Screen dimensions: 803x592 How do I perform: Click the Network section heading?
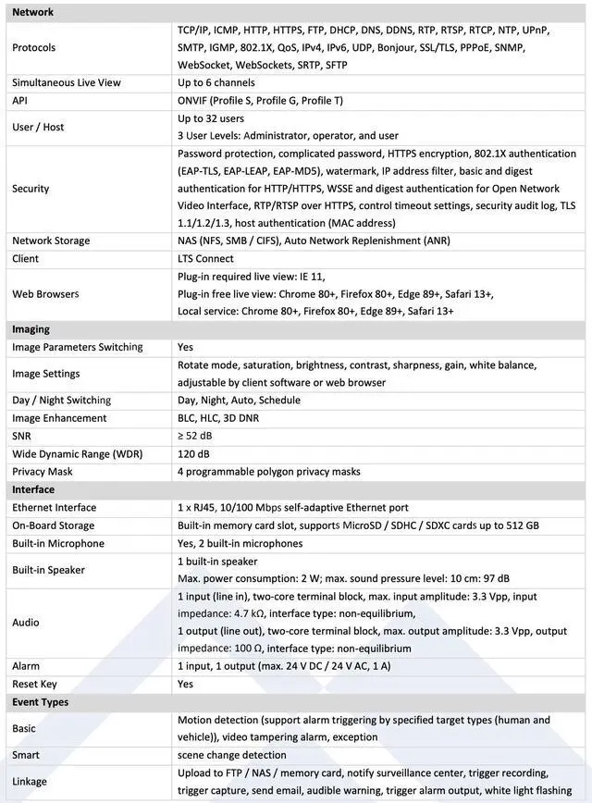pos(32,12)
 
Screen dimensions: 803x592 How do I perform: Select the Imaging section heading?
pos(31,329)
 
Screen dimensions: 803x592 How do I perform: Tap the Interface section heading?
pos(33,489)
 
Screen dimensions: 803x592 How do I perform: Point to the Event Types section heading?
pos(40,702)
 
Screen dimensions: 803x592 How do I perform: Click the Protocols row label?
pos(33,47)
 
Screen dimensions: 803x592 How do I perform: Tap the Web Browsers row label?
pos(45,294)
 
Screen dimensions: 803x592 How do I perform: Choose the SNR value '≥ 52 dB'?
pos(195,436)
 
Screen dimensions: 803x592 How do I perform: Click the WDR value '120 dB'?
pos(193,453)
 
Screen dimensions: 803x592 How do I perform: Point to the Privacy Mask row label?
pos(42,472)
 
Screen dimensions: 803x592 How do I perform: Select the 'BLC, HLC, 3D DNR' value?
pos(218,418)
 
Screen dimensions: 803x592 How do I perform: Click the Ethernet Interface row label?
pos(54,508)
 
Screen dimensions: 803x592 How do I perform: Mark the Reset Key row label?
pos(34,684)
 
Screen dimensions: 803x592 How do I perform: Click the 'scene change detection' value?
pos(231,755)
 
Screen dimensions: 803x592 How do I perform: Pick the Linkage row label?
pos(30,782)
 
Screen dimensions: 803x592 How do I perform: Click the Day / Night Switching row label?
pos(61,401)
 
